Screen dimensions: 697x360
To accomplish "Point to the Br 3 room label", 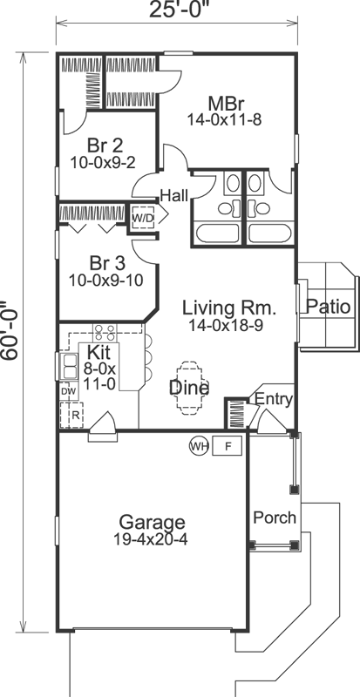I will coord(105,262).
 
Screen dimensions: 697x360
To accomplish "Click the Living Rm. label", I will coord(228,308).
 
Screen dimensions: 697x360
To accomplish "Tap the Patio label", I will coord(329,308).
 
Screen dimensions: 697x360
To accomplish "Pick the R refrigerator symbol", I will coord(75,416).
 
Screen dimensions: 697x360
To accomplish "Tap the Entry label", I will coord(272,400).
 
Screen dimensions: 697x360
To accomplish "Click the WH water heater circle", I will coord(199,446).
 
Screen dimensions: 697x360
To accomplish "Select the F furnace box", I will coord(228,446).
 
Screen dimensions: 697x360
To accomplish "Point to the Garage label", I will coord(152,522).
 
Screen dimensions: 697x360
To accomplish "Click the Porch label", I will coord(275,518).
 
